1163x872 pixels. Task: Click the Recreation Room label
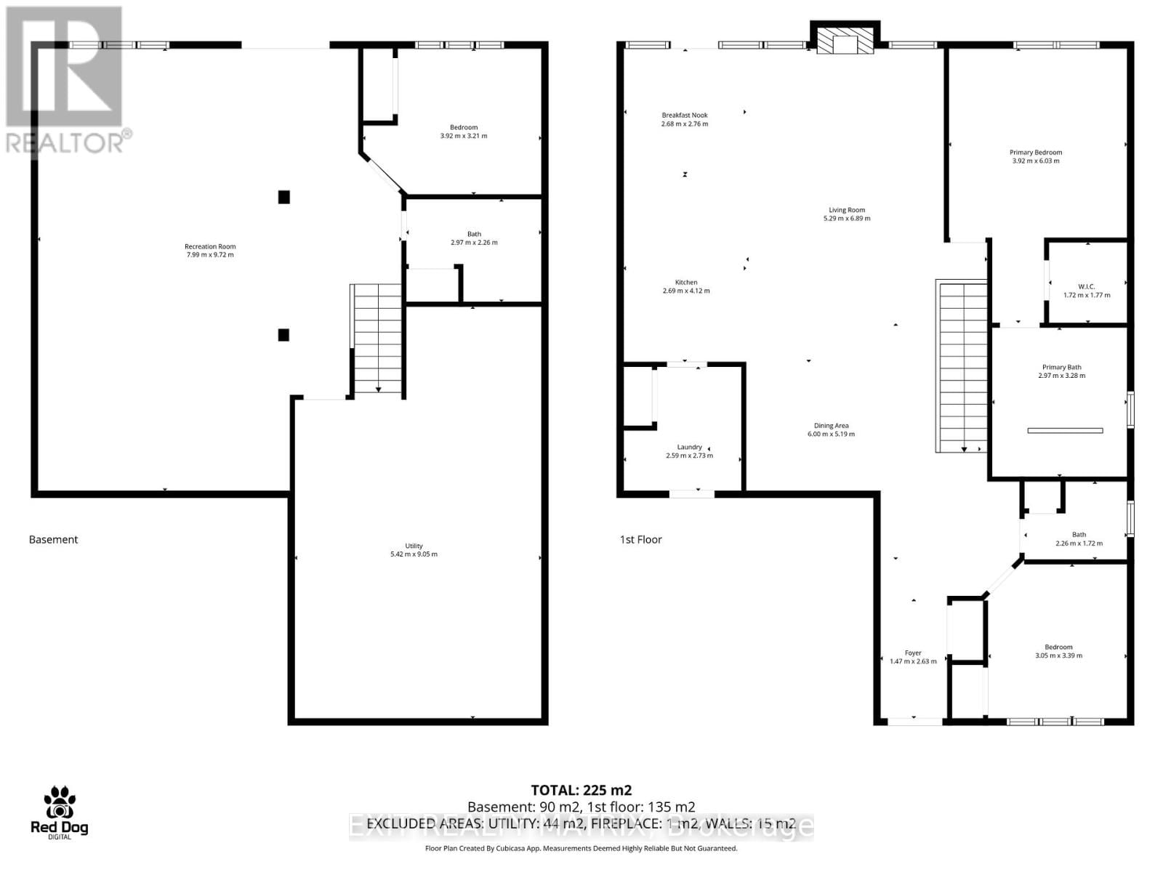(210, 246)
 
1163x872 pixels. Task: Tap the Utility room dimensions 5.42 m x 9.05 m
(414, 554)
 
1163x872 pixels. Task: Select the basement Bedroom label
(464, 127)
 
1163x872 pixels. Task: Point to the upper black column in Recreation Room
(284, 196)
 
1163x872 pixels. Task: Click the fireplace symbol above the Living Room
(845, 41)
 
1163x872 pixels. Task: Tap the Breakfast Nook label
(684, 115)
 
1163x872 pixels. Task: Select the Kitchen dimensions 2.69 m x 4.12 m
(686, 291)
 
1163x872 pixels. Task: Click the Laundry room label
(689, 447)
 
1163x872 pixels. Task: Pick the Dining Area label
(831, 426)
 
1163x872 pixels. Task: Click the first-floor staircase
(963, 367)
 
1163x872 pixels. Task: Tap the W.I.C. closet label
(1087, 286)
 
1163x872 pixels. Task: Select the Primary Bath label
(1061, 368)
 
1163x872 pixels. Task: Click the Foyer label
(913, 653)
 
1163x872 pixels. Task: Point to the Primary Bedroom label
(1035, 153)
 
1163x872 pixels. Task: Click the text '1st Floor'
(640, 539)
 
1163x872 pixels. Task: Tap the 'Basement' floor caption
(53, 539)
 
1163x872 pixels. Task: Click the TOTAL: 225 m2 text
(581, 790)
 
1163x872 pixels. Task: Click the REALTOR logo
(65, 80)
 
